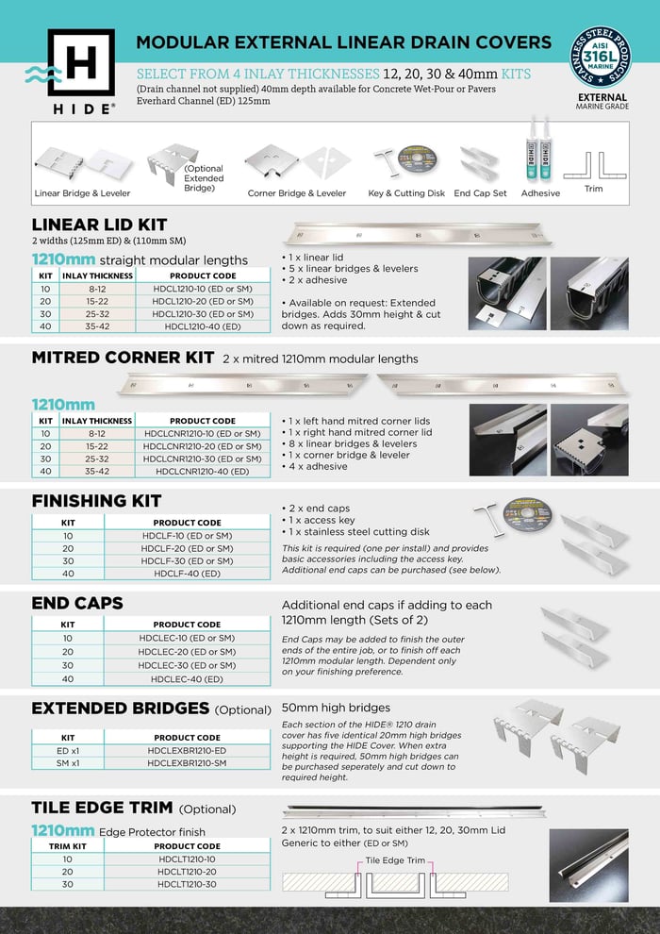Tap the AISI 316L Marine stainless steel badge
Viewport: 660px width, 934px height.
pyautogui.click(x=602, y=59)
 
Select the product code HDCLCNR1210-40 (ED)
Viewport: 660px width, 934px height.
pyautogui.click(x=203, y=471)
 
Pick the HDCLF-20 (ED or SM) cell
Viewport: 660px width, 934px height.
pyautogui.click(x=187, y=548)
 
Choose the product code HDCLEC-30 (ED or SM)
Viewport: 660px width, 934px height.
pyautogui.click(x=187, y=665)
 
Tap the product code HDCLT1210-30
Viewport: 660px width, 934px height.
pyautogui.click(x=187, y=884)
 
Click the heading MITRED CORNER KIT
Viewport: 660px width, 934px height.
pyautogui.click(x=123, y=359)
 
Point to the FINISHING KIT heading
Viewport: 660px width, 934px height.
pyautogui.click(x=96, y=500)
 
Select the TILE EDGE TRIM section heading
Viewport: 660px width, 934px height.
pyautogui.click(x=102, y=808)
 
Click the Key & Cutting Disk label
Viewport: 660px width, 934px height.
pyautogui.click(x=406, y=193)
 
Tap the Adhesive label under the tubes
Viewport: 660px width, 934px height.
pyautogui.click(x=540, y=193)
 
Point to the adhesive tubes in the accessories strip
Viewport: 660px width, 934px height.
pyautogui.click(x=538, y=152)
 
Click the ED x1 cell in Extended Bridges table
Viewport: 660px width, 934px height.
pyautogui.click(x=67, y=750)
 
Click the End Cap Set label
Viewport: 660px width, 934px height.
pyautogui.click(x=480, y=193)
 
